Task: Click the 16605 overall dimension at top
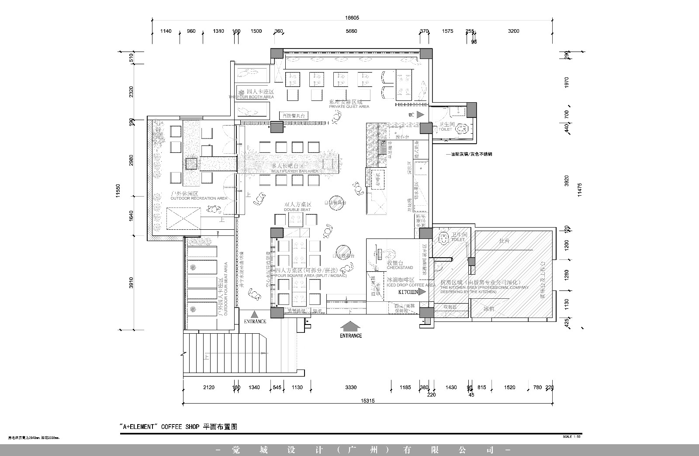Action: (x=351, y=18)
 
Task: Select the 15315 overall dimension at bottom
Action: (x=368, y=401)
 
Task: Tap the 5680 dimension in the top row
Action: (x=351, y=31)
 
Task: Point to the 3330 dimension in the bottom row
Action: (x=350, y=387)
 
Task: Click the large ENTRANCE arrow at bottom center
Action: (x=351, y=329)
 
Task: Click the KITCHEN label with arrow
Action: (x=412, y=292)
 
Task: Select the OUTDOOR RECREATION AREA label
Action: (x=199, y=198)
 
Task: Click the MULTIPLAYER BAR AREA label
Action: (x=294, y=171)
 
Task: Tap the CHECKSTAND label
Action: (x=400, y=267)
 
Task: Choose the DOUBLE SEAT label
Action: (x=297, y=210)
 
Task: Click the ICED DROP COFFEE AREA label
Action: (x=411, y=285)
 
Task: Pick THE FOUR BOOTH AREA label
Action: (x=251, y=97)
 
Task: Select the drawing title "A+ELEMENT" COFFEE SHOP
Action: (x=178, y=427)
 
